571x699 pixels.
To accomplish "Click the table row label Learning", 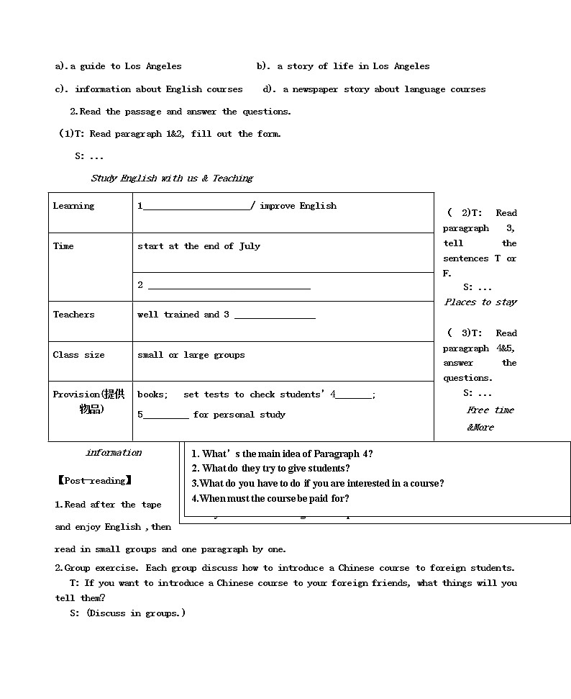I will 73,206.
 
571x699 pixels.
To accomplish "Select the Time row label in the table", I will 63,246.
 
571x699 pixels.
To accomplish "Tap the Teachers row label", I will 73,315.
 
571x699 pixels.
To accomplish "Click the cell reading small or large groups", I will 191,355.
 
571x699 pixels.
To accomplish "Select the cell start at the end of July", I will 198,246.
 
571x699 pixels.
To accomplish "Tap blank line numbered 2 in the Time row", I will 228,286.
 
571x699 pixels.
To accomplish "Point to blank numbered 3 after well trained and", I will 275,315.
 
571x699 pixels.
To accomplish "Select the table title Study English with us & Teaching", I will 172,179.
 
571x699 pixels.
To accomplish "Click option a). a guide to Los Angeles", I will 119,66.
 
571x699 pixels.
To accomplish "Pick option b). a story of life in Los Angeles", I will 343,66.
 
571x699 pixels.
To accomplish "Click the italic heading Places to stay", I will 480,302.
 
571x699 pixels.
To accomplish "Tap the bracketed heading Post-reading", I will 93,480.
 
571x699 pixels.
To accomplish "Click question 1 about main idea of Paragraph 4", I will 282,454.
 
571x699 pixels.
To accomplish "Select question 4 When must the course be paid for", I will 270,498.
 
